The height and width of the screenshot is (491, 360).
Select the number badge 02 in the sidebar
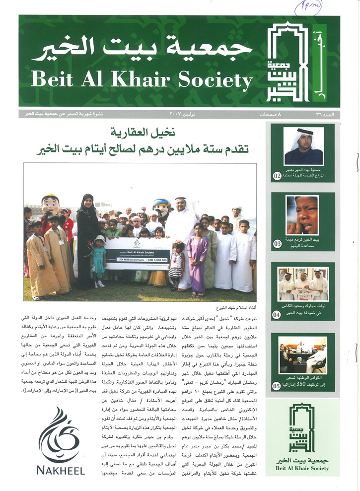[x=277, y=175]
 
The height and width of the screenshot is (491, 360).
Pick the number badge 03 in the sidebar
[x=277, y=243]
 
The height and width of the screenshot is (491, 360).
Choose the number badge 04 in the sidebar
[x=277, y=314]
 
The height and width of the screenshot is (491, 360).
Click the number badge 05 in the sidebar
[x=277, y=385]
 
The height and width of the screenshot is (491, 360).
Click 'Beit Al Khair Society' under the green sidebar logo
[x=303, y=468]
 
